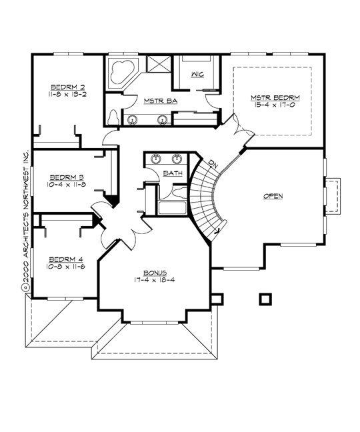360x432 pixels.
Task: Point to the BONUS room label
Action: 155,273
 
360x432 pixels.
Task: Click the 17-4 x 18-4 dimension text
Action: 155,280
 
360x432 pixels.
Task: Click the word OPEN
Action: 273,196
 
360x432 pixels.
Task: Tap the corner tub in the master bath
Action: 122,71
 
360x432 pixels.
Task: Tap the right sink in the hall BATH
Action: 177,159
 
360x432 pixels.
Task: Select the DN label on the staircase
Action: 212,164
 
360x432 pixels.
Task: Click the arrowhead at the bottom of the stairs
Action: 217,231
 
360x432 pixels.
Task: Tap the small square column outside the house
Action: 265,298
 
